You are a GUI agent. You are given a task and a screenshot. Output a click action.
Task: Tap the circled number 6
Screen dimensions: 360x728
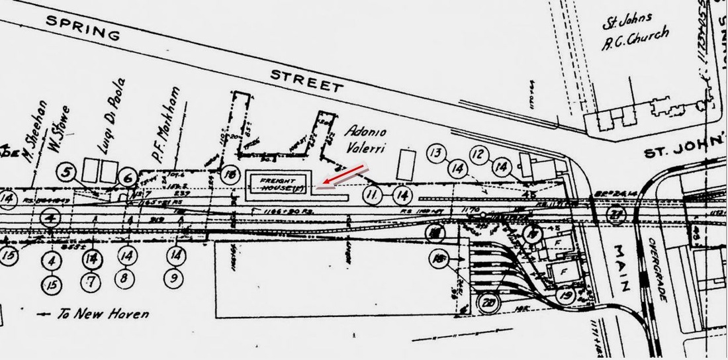pyautogui.click(x=130, y=177)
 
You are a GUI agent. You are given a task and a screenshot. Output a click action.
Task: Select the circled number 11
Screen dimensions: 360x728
pyautogui.click(x=373, y=195)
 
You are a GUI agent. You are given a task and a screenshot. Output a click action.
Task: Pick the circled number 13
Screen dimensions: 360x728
pyautogui.click(x=435, y=153)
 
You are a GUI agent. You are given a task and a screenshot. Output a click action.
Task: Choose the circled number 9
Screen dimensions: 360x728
pyautogui.click(x=173, y=279)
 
